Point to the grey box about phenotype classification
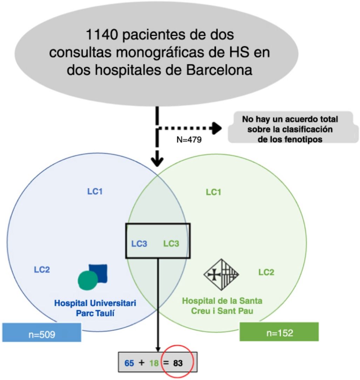click(290, 127)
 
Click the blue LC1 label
click(95, 192)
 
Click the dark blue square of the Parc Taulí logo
click(98, 274)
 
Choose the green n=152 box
click(279, 332)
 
